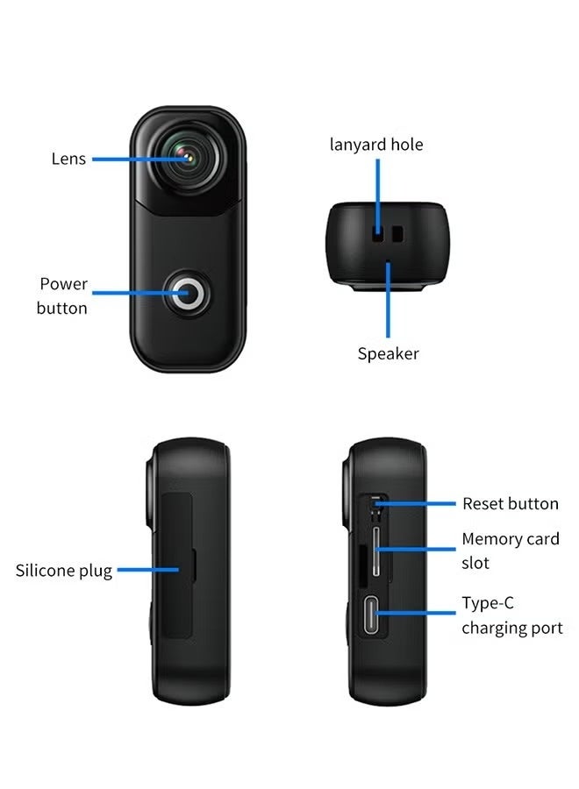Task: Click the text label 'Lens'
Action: coord(68,159)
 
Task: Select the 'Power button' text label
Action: coord(62,296)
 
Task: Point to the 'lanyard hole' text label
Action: coord(376,145)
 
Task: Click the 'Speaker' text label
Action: coord(388,354)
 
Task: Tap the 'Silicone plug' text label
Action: coord(64,571)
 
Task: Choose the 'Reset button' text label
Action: coord(511,504)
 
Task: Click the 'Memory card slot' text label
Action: coord(511,551)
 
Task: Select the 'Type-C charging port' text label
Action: coord(512,615)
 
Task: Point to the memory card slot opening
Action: coord(376,551)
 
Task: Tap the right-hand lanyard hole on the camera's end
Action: coord(397,234)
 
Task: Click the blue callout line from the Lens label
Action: coord(141,159)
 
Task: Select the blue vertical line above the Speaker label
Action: coord(388,300)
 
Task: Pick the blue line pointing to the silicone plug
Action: coord(148,570)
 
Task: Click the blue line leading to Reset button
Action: coord(415,503)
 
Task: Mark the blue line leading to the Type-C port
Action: coord(415,613)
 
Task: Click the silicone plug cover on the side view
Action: coord(177,565)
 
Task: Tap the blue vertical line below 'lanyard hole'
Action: coord(377,196)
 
